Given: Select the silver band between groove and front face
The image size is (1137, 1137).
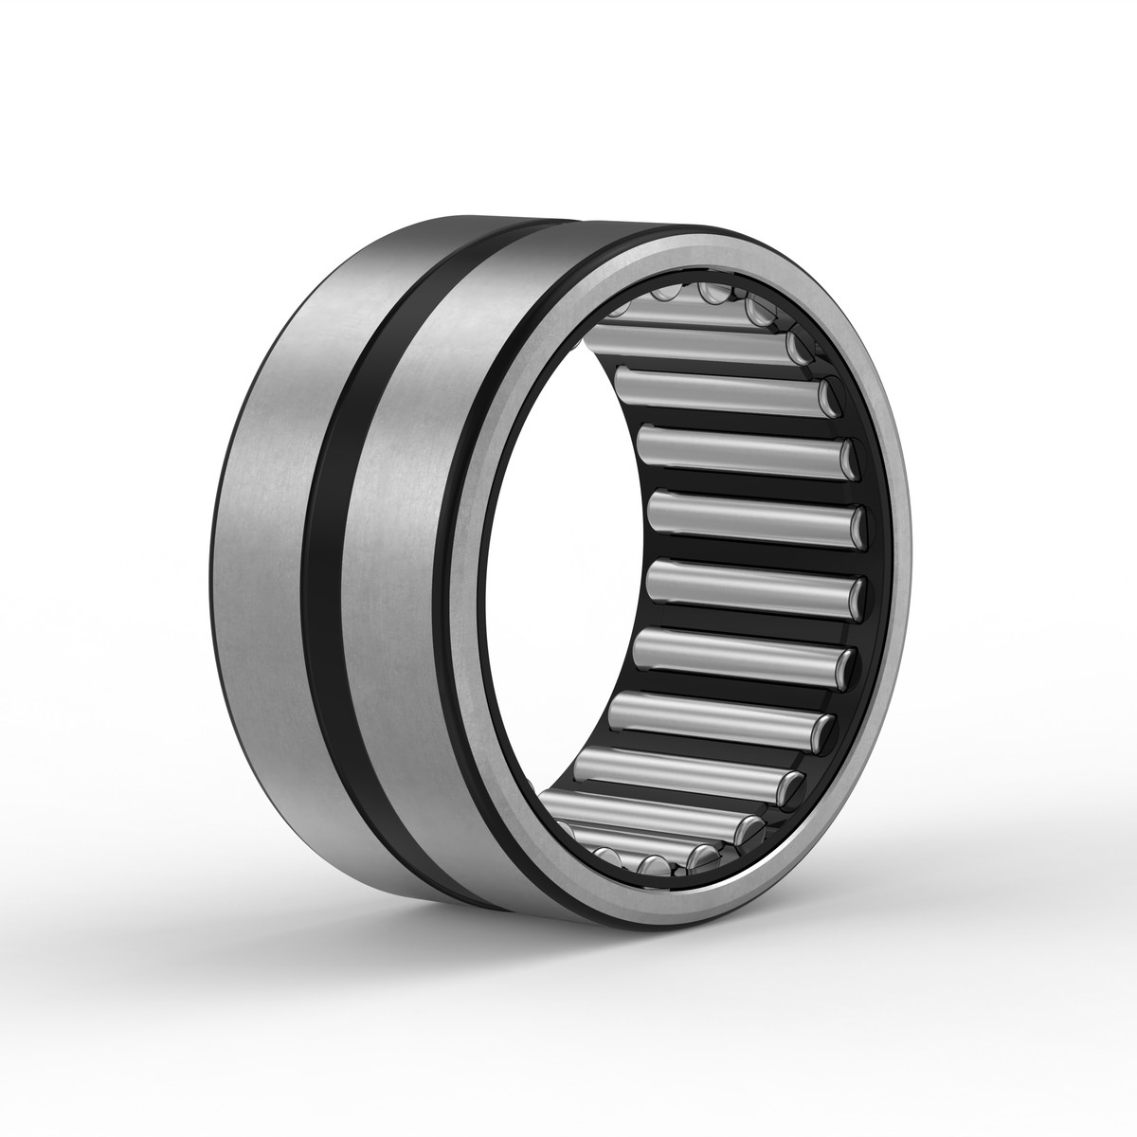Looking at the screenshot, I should click(x=407, y=568).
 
